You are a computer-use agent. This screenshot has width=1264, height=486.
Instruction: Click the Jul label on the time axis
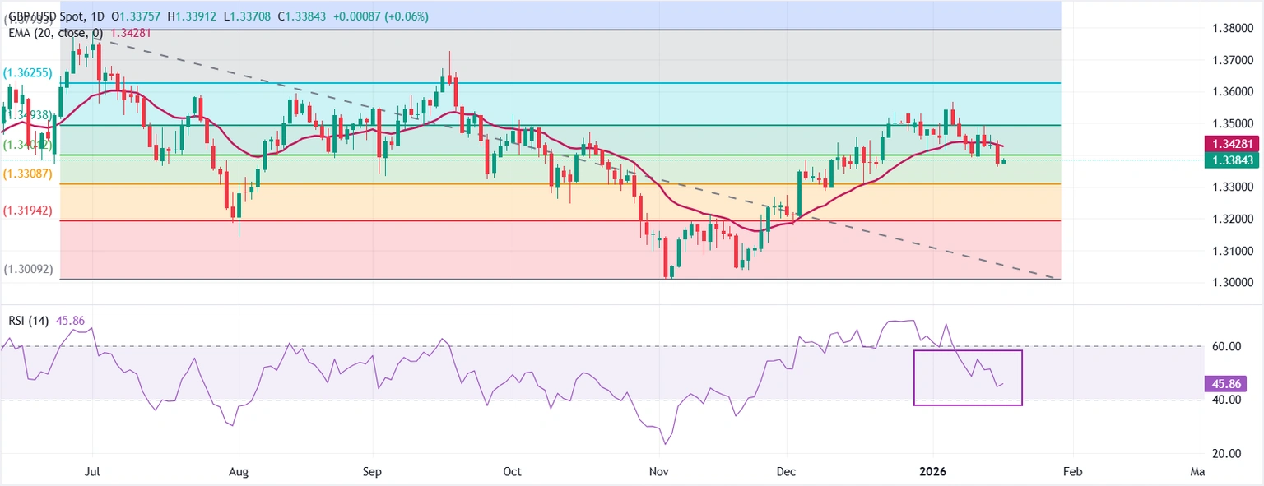(92, 472)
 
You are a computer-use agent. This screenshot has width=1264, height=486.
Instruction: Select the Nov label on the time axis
(658, 472)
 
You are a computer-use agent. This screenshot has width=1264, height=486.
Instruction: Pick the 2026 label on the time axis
(933, 472)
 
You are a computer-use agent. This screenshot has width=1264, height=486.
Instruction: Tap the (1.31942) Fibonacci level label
(28, 211)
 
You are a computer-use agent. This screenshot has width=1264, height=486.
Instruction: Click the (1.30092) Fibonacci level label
(28, 269)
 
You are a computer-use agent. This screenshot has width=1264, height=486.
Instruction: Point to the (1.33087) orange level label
(28, 174)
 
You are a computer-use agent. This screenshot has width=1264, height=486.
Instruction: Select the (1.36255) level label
(28, 72)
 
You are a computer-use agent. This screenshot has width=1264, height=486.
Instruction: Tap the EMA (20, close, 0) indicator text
(53, 33)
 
